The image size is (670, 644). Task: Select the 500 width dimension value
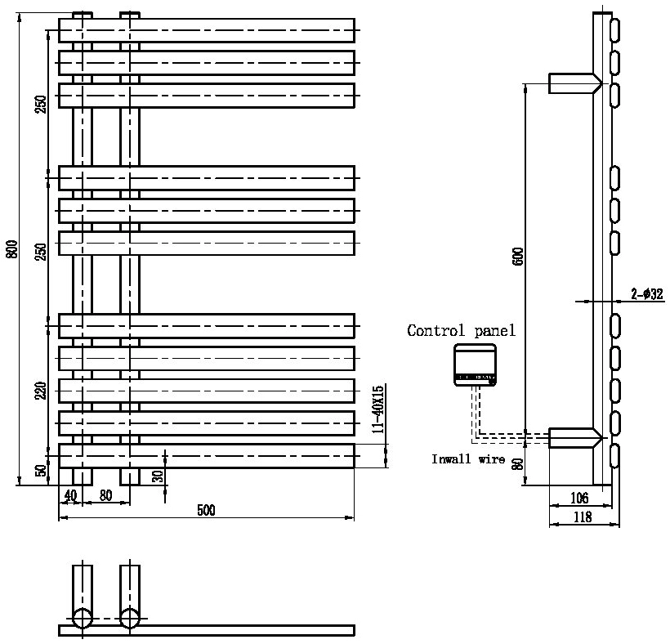click(206, 510)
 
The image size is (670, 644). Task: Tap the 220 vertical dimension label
click(41, 391)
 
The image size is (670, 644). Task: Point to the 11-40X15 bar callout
click(378, 409)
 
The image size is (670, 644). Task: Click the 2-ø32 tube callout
click(646, 293)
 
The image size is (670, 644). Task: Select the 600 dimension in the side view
click(518, 256)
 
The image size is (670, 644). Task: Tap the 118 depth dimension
click(583, 517)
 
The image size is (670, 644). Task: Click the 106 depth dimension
click(579, 498)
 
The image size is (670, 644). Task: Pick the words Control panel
click(461, 330)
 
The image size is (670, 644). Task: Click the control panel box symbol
click(476, 365)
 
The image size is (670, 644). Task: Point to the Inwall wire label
click(468, 459)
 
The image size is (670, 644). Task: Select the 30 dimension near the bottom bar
click(158, 476)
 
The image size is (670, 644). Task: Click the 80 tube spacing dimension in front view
click(105, 495)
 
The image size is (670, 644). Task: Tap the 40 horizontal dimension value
click(70, 496)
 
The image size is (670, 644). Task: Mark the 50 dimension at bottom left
click(41, 471)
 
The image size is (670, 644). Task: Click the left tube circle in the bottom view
click(82, 619)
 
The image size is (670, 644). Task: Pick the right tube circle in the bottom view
click(130, 619)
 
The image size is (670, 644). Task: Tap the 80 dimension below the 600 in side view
click(518, 464)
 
